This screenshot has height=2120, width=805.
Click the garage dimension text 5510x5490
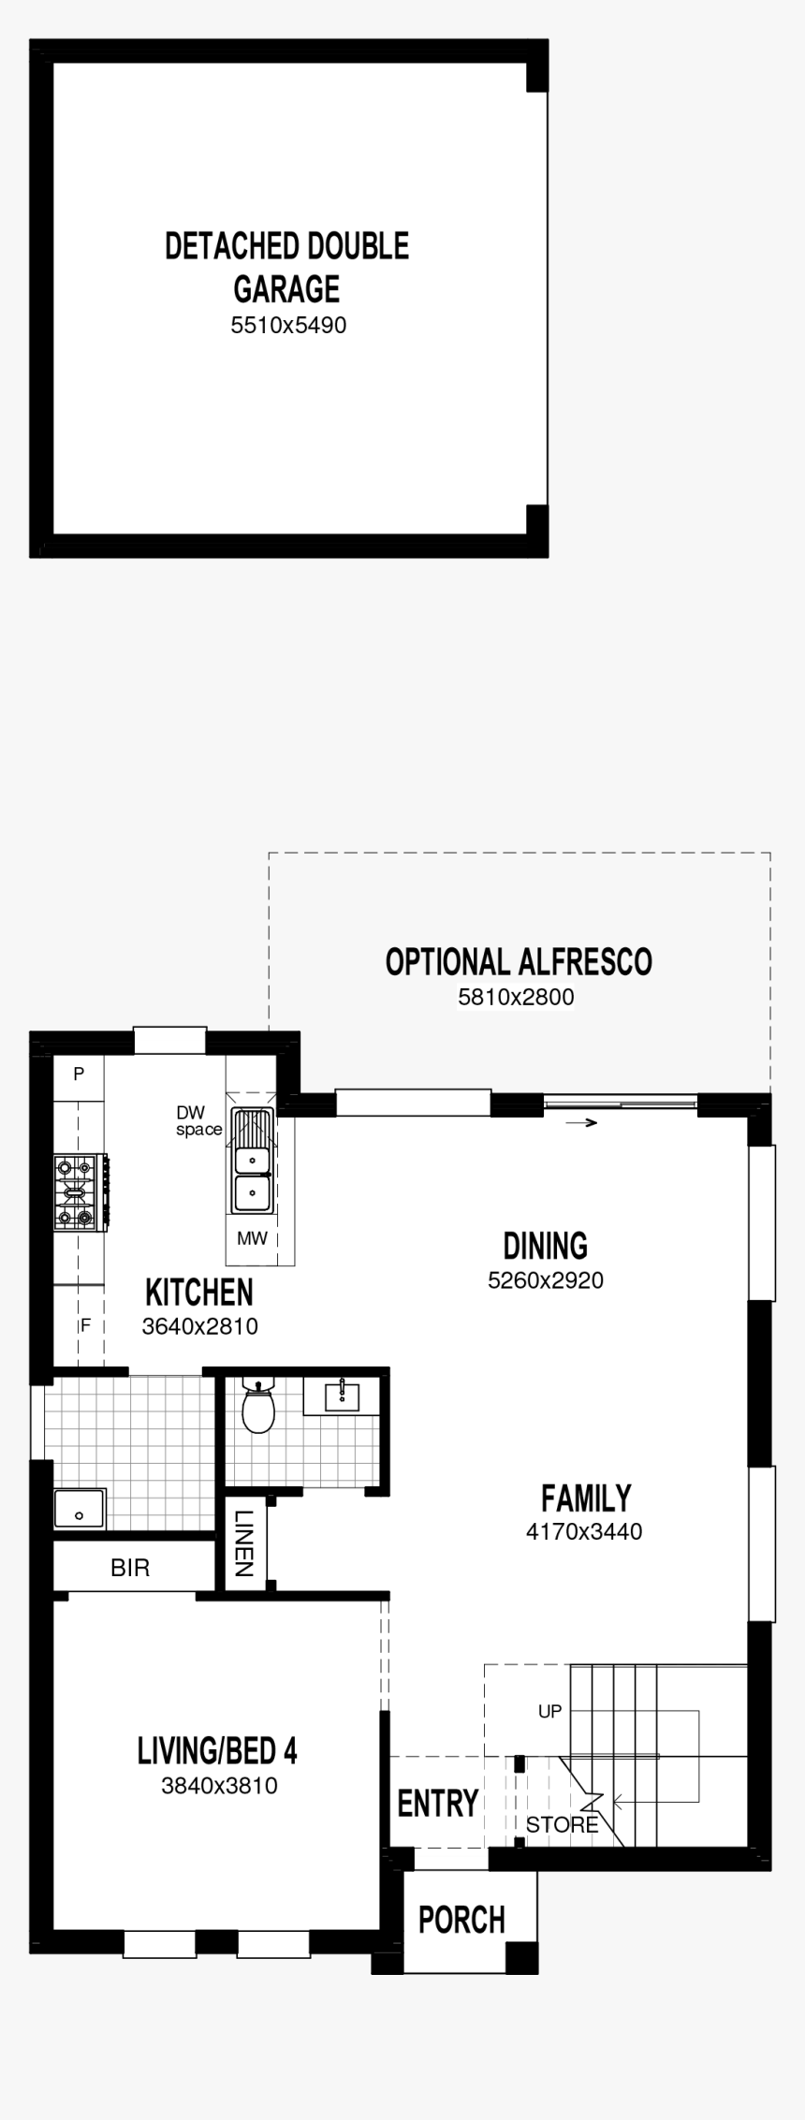288,326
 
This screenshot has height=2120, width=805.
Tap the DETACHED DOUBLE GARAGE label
286,267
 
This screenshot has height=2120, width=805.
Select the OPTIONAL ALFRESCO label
519,962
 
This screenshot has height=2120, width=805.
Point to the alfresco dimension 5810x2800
516,998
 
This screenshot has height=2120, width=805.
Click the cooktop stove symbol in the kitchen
77,1192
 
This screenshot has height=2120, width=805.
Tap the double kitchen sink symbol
250,1176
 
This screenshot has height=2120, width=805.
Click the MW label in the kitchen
252,1238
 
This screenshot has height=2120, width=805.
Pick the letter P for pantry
79,1074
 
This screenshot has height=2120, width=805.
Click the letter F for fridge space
85,1325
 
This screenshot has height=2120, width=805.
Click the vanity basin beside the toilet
342,1396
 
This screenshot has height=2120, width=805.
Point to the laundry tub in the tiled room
80,1508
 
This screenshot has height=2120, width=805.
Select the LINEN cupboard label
244,1545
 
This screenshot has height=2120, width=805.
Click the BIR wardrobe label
129,1568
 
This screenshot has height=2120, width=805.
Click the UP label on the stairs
549,1711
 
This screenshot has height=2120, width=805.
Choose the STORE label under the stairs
562,1824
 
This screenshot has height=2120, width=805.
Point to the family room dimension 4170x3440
584,1532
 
